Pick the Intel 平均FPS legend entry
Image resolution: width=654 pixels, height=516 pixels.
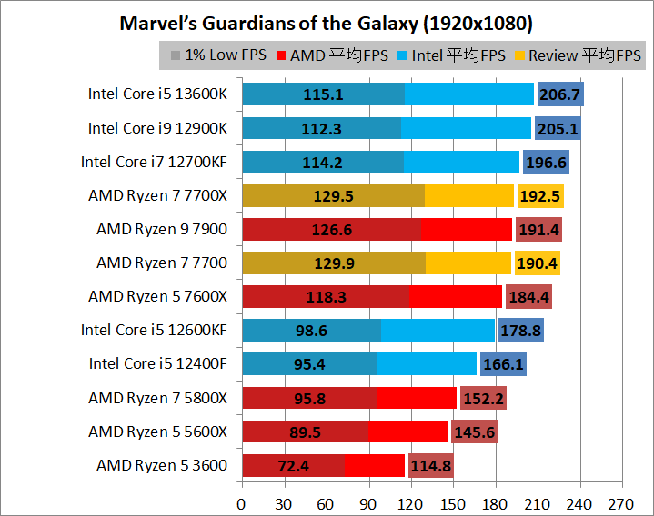click(x=458, y=55)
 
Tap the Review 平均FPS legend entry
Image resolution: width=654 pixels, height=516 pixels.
click(x=586, y=55)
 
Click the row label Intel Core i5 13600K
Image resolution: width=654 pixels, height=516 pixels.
click(x=157, y=94)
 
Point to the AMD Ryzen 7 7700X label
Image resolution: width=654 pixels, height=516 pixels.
click(x=157, y=194)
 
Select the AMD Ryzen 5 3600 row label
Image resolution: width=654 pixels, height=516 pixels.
click(x=162, y=466)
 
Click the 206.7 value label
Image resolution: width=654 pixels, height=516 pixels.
click(x=559, y=94)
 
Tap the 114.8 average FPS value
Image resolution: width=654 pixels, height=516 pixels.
click(x=431, y=466)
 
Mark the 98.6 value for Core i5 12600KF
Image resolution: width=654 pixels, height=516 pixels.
click(x=310, y=330)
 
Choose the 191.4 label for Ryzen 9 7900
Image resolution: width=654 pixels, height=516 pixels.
click(x=539, y=229)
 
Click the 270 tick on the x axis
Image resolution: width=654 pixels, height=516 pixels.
click(x=621, y=503)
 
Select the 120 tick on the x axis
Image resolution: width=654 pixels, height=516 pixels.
click(x=410, y=503)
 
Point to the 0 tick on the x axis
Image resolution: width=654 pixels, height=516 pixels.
click(x=241, y=503)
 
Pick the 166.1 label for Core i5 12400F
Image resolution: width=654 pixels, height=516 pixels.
click(x=503, y=364)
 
